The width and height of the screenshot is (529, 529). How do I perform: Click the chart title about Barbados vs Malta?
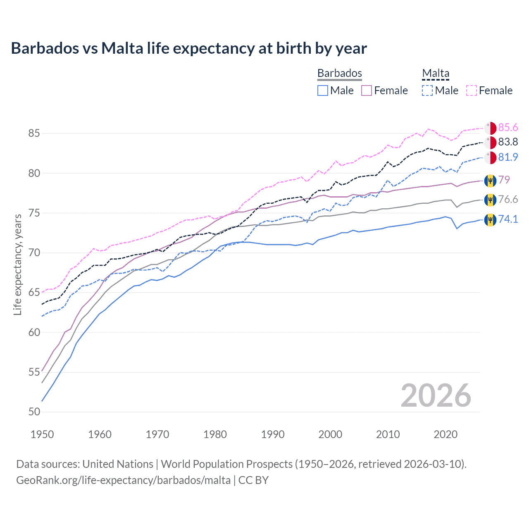[x=189, y=48]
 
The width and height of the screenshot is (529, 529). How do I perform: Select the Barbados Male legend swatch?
[x=323, y=91]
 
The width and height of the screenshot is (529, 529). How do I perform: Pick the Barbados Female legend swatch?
[x=367, y=91]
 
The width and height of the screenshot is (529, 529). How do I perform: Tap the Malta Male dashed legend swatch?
[x=427, y=91]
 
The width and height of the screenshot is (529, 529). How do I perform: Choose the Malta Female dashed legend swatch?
[x=472, y=91]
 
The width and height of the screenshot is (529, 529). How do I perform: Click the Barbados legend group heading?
[x=339, y=73]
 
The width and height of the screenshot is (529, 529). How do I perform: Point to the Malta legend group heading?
[x=436, y=73]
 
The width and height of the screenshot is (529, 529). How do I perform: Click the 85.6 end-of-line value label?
[x=508, y=127]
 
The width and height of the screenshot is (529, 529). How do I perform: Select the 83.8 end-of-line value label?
[x=508, y=142]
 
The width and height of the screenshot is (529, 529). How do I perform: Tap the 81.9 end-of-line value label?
[x=508, y=157]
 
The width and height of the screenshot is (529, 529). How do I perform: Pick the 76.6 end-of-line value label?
[x=508, y=200]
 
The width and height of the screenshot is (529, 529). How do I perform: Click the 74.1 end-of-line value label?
[x=508, y=219]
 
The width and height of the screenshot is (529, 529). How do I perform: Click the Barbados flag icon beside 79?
[x=490, y=180]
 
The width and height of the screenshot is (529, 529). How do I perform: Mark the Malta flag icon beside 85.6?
[x=490, y=128]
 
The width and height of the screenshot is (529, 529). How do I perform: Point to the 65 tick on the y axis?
[x=34, y=293]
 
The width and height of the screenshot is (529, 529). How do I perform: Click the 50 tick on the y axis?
[x=34, y=412]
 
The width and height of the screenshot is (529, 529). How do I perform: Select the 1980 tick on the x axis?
[x=215, y=434]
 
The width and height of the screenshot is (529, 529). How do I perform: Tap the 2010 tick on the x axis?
[x=388, y=434]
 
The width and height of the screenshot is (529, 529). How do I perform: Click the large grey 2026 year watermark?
[x=436, y=396]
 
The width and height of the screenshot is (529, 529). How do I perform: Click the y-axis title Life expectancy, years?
[x=17, y=264]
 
